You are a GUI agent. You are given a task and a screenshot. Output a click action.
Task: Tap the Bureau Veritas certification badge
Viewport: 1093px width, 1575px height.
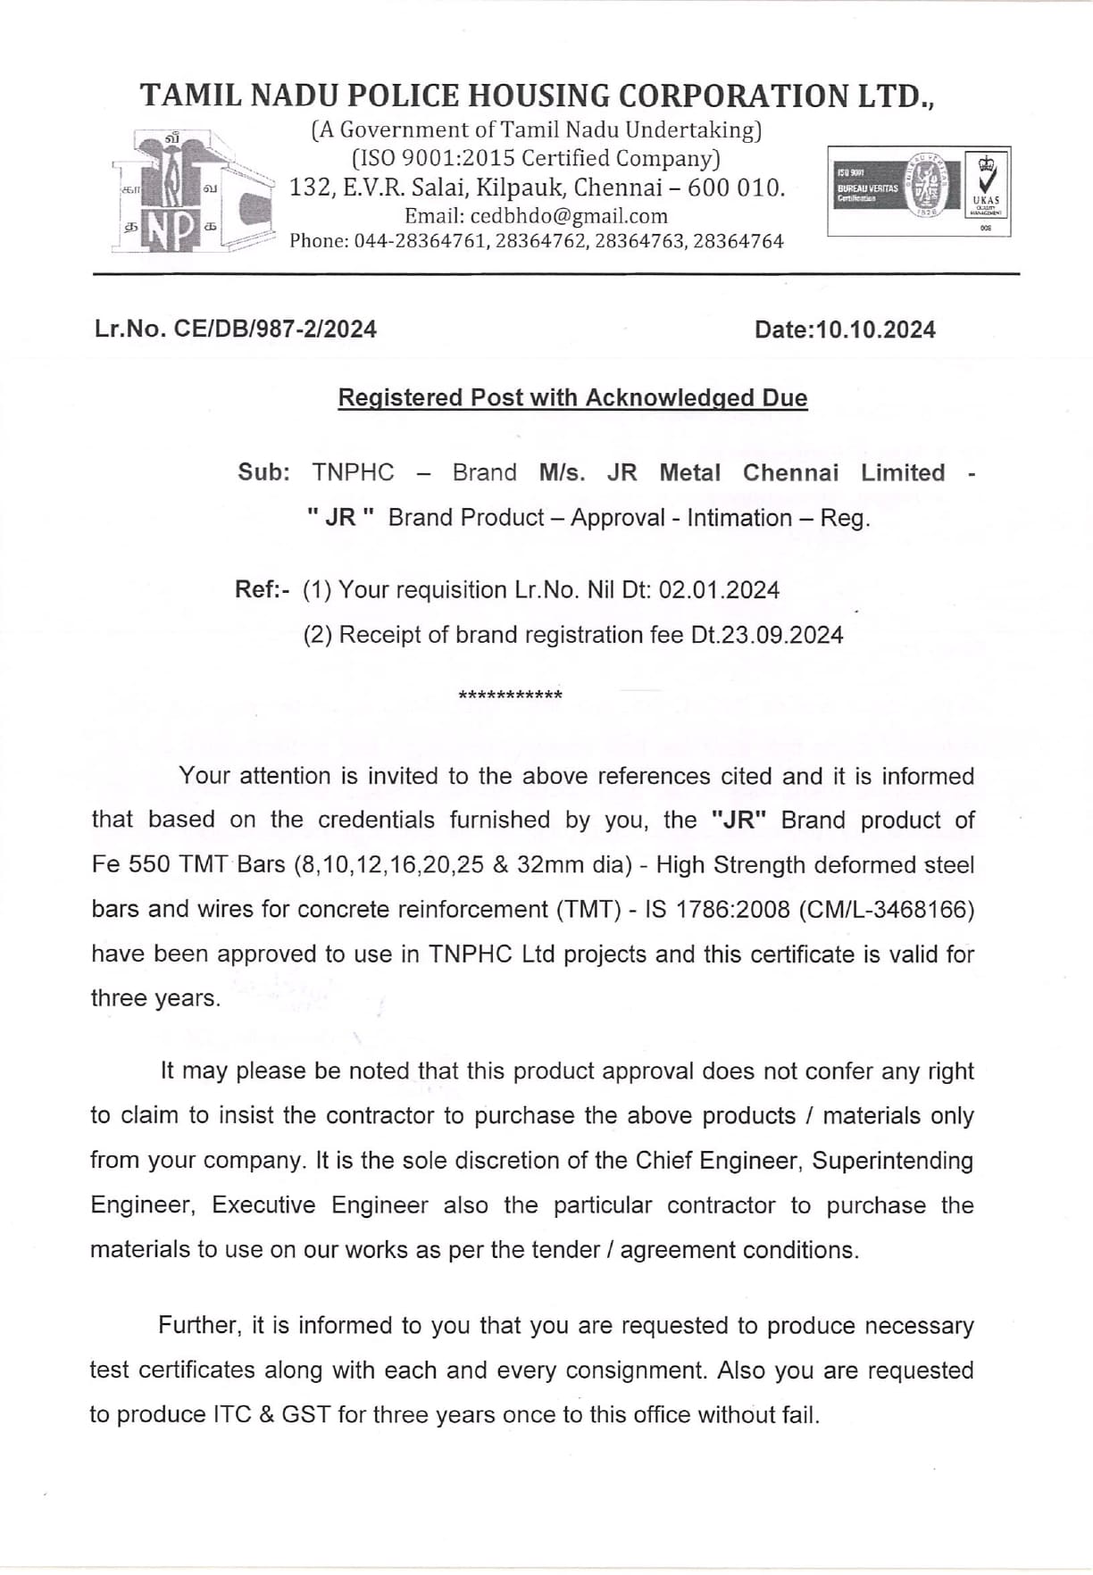pyautogui.click(x=919, y=191)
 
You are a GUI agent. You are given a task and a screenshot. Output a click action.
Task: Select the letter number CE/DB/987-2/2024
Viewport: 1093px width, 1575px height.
pyautogui.click(x=275, y=329)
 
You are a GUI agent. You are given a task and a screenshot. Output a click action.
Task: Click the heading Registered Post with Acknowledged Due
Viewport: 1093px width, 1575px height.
pyautogui.click(x=572, y=398)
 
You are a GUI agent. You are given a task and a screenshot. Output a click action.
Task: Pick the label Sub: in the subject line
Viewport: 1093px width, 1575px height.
pyautogui.click(x=263, y=472)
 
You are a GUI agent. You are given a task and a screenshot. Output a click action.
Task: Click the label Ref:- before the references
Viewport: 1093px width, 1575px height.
pyautogui.click(x=262, y=589)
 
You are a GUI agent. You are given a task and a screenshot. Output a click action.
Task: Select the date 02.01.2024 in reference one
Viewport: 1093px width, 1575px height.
pyautogui.click(x=719, y=590)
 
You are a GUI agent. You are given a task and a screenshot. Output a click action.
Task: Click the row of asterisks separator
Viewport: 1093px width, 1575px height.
pyautogui.click(x=510, y=696)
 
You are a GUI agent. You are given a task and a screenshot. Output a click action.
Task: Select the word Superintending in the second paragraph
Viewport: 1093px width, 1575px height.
pyautogui.click(x=892, y=1161)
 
